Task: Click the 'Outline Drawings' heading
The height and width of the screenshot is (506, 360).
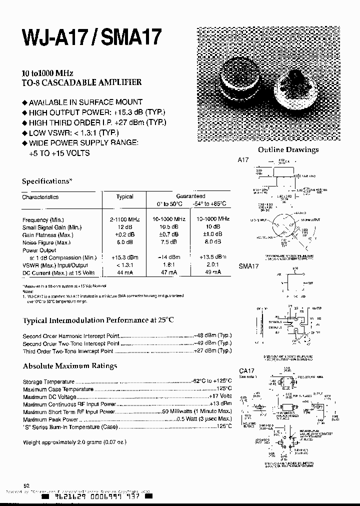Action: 288,149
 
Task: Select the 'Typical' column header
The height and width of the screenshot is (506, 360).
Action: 124,197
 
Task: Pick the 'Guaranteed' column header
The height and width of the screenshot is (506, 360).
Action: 190,196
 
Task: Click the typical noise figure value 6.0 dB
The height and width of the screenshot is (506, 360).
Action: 124,242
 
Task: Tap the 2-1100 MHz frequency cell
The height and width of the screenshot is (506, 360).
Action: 124,219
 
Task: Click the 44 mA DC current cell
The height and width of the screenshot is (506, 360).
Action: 124,272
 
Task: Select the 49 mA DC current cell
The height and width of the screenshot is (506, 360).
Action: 212,272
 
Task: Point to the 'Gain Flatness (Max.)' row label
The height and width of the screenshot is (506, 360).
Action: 48,235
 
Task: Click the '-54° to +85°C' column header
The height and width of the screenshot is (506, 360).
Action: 212,204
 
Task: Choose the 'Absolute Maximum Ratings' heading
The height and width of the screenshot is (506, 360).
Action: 69,366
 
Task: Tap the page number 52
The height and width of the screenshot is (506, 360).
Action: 26,485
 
